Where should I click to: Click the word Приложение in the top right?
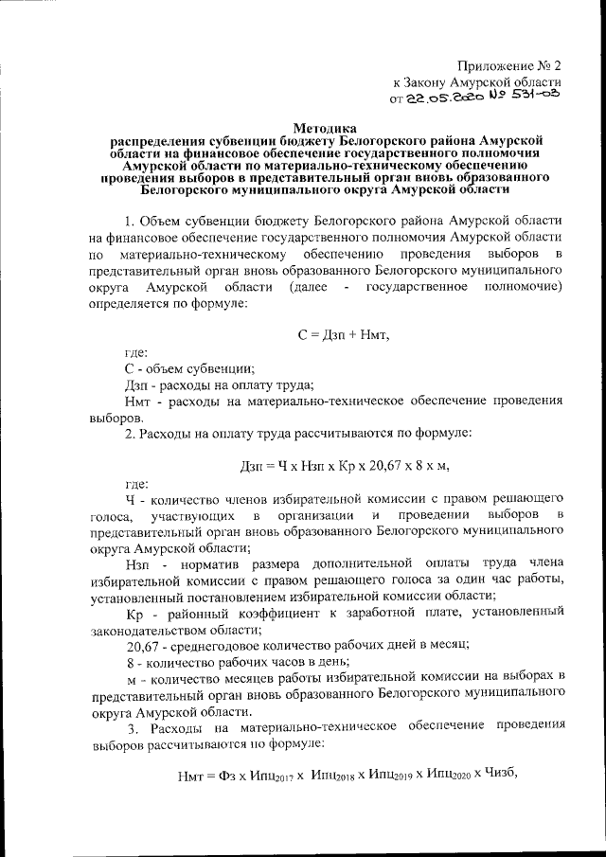click(x=491, y=66)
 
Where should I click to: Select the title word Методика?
click(x=326, y=126)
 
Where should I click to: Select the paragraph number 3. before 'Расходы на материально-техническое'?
click(x=133, y=726)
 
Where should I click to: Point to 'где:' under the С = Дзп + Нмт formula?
click(x=136, y=353)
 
